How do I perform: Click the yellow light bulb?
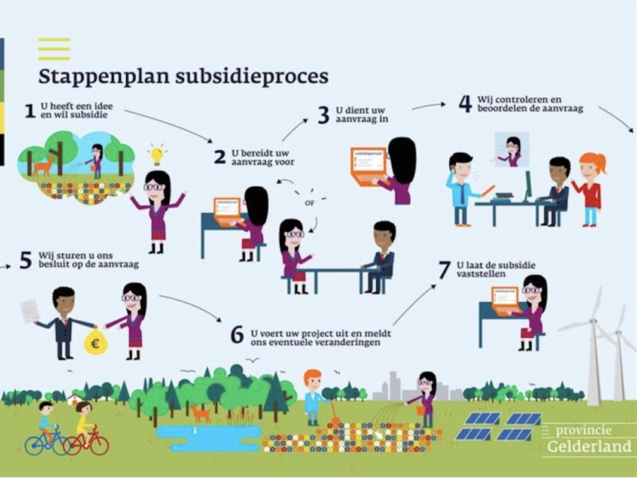pos(157,154)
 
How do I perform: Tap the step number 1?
pos(30,111)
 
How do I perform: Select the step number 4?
pos(465,104)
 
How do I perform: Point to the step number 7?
pos(444,271)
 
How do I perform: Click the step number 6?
pos(237,335)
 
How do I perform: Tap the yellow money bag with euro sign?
pos(95,342)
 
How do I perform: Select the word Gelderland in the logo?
pos(589,447)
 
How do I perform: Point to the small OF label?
pos(309,203)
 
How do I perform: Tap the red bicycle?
pos(87,441)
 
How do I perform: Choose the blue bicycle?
pos(46,441)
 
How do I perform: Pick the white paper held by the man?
pos(29,311)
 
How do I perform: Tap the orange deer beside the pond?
pos(200,413)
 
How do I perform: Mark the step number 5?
pos(25,260)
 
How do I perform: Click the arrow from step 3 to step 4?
pos(428,106)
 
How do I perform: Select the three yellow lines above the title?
pos(54,49)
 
